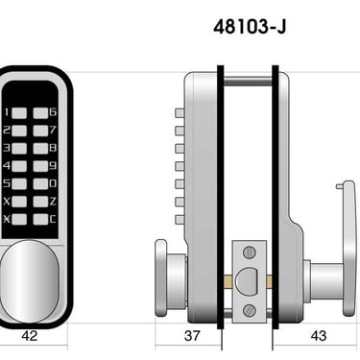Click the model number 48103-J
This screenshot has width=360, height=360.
click(250, 27)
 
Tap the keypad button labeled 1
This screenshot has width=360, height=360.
click(19, 113)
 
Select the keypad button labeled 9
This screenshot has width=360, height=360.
click(40, 166)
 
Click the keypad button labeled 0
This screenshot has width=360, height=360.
click(40, 183)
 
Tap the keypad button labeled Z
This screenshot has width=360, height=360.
click(40, 202)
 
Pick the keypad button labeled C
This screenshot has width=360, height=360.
click(40, 219)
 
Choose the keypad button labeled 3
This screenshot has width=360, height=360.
click(19, 149)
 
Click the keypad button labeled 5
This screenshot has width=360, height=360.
click(19, 183)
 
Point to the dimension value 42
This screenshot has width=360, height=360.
click(30, 336)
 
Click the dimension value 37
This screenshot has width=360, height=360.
click(192, 336)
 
